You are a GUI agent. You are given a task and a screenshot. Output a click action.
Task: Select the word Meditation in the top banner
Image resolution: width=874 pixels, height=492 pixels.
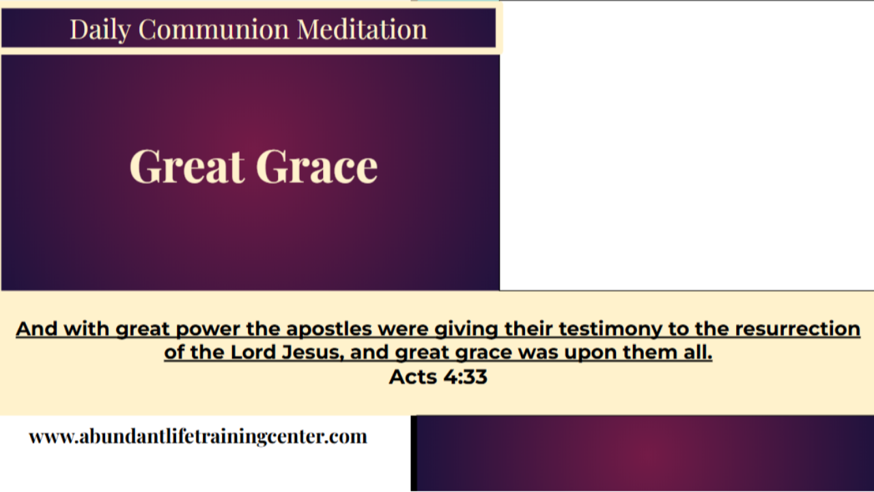(362, 29)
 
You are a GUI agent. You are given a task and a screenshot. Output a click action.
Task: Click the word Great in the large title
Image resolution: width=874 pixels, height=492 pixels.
(186, 166)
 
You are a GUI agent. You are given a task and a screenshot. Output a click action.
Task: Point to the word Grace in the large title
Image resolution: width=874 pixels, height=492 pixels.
(317, 166)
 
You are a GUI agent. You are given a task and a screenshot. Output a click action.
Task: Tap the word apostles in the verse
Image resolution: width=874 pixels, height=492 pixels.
(328, 329)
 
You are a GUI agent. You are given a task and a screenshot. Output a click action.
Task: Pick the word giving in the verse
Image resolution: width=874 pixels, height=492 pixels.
(467, 329)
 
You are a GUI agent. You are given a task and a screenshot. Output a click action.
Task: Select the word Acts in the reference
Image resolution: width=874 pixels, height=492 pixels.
(410, 377)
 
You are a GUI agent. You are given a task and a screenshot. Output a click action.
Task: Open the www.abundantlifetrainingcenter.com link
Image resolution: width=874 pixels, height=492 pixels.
(198, 437)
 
